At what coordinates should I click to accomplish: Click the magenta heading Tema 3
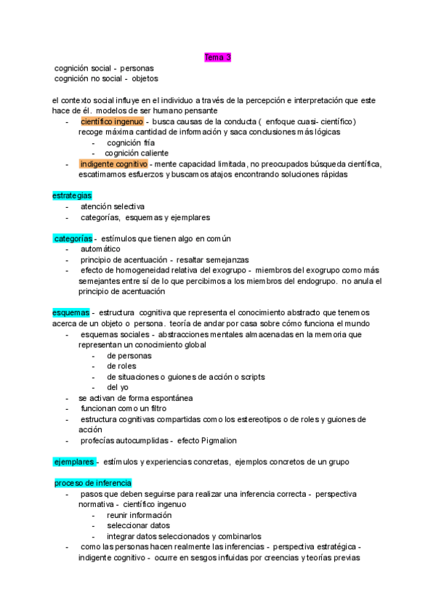[217, 57]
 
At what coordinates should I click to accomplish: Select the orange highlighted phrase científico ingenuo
[112, 121]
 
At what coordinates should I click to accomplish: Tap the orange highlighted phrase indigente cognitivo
[113, 164]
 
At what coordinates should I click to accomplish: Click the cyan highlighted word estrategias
[72, 196]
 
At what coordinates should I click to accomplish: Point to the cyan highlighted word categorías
[73, 238]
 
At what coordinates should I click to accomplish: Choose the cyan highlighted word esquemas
[70, 312]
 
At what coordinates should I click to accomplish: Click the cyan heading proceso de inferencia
[92, 483]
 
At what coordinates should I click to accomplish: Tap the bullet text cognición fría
[131, 143]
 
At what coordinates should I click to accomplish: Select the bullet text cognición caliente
[137, 153]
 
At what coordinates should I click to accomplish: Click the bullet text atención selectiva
[113, 206]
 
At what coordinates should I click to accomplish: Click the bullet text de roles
[121, 366]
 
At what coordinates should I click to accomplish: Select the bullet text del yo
[117, 387]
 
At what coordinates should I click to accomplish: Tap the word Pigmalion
[217, 440]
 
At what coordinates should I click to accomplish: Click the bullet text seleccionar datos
[138, 525]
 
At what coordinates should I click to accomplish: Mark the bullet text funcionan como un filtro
[123, 408]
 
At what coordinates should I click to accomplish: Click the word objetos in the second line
[145, 78]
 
